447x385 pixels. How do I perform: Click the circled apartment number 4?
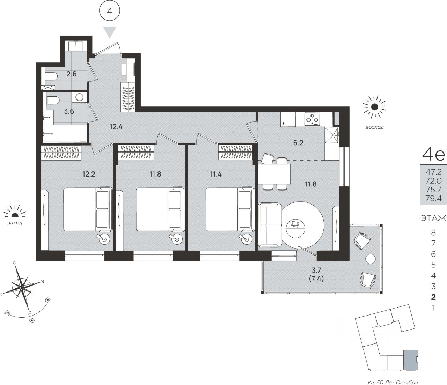[x=110, y=11]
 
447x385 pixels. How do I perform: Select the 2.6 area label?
[x=71, y=74]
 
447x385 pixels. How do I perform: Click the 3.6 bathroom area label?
[x=69, y=112]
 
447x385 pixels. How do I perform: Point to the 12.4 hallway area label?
[x=116, y=127]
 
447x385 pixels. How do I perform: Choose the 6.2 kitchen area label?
[x=298, y=143]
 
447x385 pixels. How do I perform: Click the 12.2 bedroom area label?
[x=89, y=174]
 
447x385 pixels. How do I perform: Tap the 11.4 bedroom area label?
[x=216, y=174]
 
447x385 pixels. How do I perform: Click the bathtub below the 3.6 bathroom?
[x=65, y=134]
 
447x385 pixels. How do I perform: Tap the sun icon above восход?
[x=374, y=107]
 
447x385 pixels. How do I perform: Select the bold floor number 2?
[x=433, y=297]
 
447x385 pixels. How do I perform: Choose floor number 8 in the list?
[x=433, y=233]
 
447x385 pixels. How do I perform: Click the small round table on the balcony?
[x=371, y=259]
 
